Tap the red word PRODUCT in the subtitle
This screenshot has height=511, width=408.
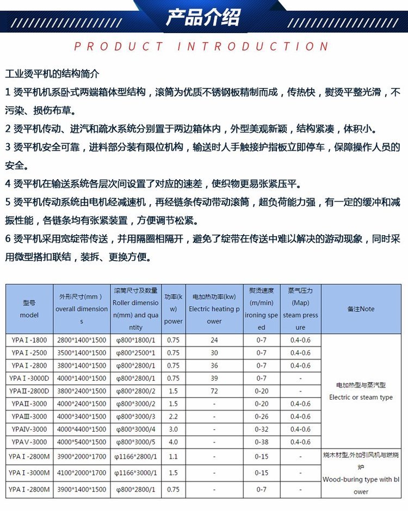click(x=118, y=47)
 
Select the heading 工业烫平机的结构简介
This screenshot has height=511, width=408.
click(x=52, y=73)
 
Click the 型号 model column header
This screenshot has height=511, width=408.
click(x=29, y=309)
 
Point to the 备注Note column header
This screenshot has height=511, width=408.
click(x=361, y=309)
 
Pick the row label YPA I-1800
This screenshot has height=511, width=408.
click(x=29, y=340)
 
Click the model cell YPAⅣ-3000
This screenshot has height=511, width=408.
click(x=29, y=430)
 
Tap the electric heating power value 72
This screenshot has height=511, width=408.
click(x=214, y=391)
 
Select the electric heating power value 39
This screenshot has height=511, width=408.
click(x=214, y=378)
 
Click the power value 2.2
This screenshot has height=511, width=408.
click(x=173, y=417)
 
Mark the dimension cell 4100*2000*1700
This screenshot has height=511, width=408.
click(x=82, y=473)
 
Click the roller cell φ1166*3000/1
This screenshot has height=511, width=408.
click(x=135, y=473)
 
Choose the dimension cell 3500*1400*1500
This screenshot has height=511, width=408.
click(x=82, y=353)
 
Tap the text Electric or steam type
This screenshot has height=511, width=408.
click(x=361, y=398)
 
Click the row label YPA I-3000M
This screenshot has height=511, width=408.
click(x=29, y=473)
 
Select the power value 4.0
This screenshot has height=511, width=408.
click(x=173, y=442)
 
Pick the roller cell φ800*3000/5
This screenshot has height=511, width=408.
click(x=135, y=442)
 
